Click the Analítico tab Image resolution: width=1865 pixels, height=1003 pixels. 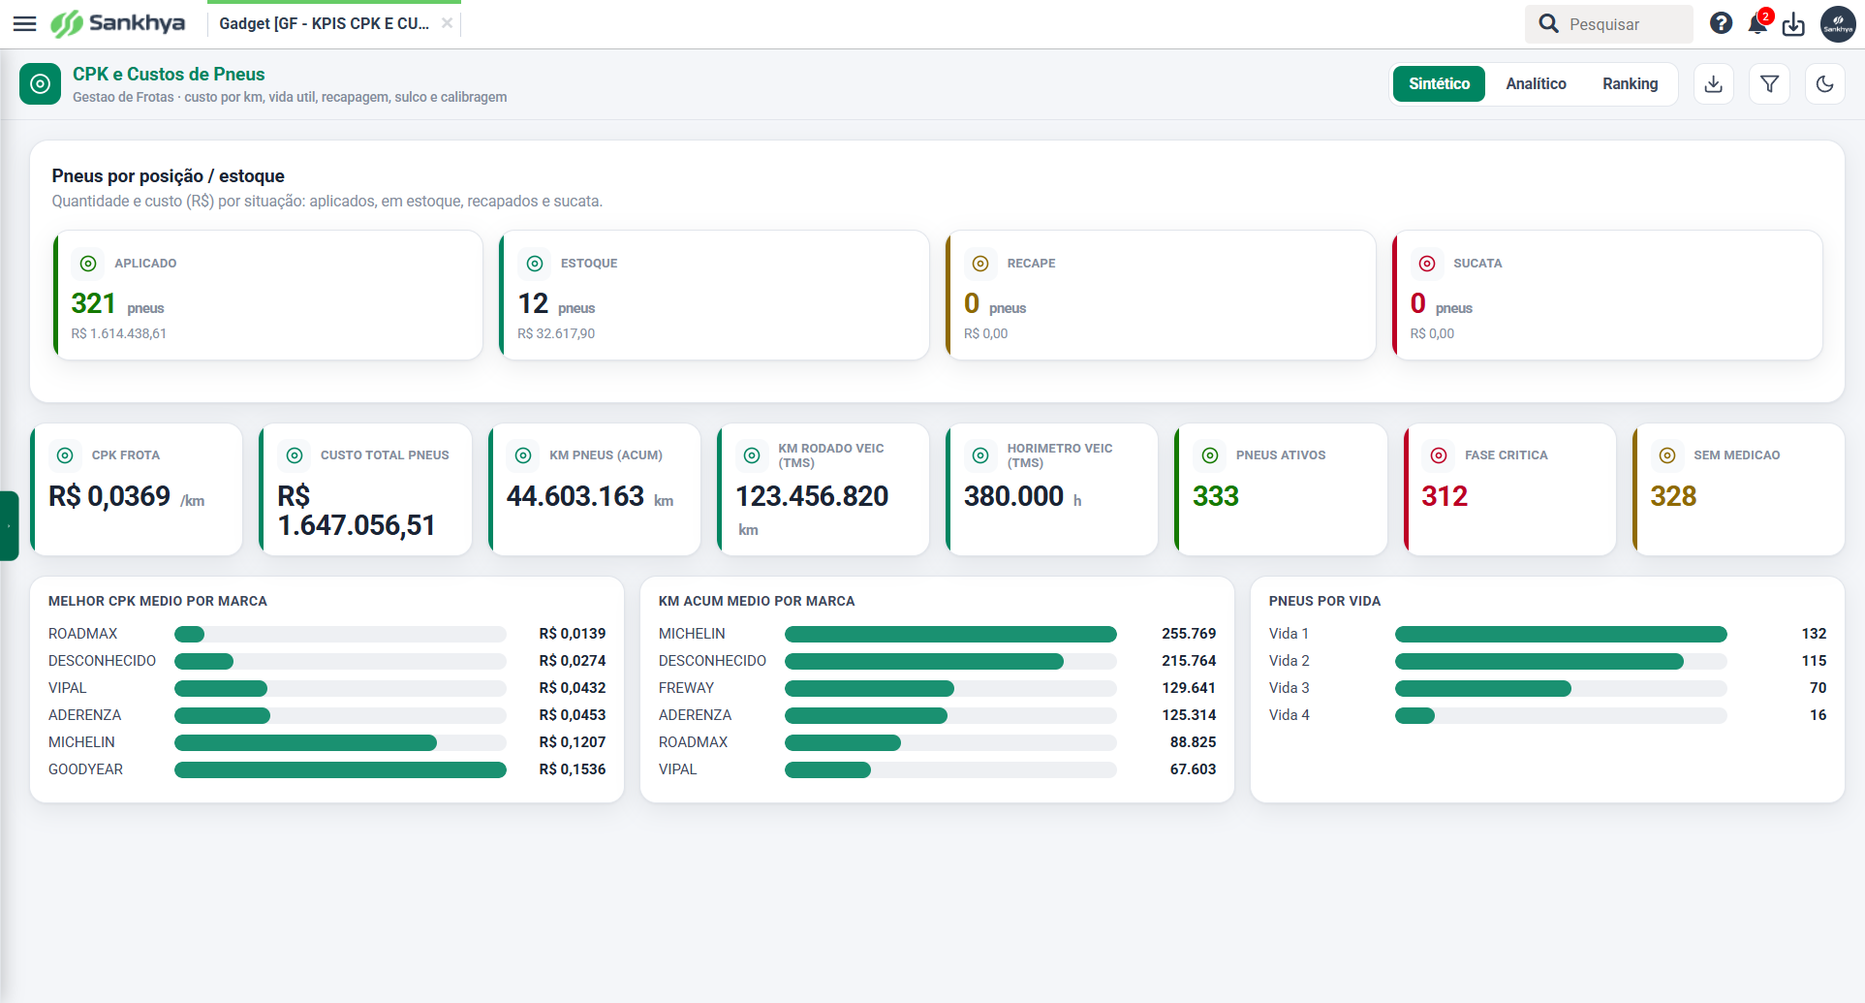[1536, 84]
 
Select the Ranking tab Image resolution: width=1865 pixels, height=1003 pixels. [1630, 84]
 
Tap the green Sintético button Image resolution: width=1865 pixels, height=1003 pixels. [1439, 84]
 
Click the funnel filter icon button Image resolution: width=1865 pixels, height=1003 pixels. [1769, 84]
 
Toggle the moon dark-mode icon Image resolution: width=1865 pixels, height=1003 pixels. [1825, 84]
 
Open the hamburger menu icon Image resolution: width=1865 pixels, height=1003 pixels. [24, 23]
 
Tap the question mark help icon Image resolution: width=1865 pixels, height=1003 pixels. [1721, 23]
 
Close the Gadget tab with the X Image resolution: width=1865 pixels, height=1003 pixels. [447, 23]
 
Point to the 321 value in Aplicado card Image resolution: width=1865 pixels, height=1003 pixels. [93, 303]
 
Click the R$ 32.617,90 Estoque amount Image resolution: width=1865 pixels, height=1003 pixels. [556, 333]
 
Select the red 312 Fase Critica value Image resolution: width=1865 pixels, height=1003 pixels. [1445, 496]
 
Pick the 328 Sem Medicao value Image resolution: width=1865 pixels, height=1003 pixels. [1673, 496]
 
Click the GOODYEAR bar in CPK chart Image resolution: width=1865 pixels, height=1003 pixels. [340, 769]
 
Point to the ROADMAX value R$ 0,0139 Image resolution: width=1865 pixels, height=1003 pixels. [573, 634]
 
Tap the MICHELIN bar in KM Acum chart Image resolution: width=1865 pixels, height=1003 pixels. [950, 634]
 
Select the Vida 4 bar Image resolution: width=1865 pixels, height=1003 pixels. [1414, 715]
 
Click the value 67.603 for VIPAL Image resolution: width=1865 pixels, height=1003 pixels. [1193, 769]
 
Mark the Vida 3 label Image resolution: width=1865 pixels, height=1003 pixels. [1289, 688]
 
